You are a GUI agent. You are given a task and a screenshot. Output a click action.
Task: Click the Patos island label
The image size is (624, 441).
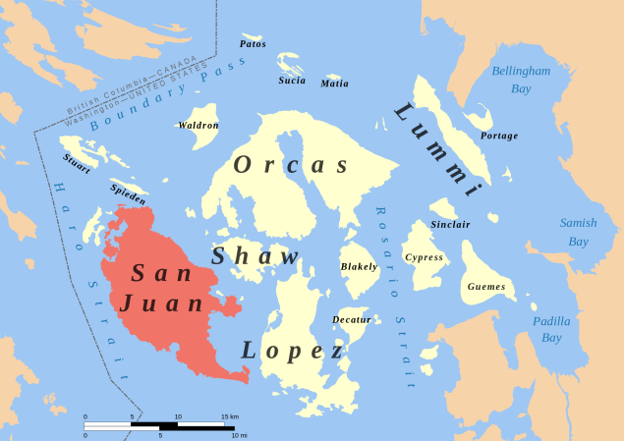click(x=253, y=44)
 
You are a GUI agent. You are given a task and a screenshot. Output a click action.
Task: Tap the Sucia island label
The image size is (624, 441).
click(x=292, y=81)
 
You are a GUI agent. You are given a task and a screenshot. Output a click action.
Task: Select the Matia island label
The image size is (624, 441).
click(x=334, y=83)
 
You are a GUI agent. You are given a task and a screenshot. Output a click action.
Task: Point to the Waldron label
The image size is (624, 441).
click(x=199, y=126)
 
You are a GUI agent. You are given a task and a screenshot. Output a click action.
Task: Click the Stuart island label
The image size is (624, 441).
click(x=77, y=163)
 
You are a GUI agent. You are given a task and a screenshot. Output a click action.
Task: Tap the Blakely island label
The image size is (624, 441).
click(x=359, y=267)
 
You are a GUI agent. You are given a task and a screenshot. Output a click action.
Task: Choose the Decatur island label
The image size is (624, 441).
click(x=352, y=320)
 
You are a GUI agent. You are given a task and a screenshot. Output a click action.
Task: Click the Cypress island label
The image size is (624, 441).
click(x=425, y=257)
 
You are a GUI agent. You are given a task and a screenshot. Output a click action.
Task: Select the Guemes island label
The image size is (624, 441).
click(x=486, y=287)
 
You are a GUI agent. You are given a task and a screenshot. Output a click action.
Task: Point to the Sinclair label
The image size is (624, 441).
click(x=450, y=225)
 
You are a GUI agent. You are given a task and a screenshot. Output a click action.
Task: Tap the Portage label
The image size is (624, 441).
click(x=499, y=136)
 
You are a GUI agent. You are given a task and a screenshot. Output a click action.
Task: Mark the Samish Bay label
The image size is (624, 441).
click(x=578, y=232)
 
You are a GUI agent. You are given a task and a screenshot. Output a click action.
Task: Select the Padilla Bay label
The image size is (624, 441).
click(x=551, y=329)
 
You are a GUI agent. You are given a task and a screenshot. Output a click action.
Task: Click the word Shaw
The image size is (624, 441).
click(x=255, y=257)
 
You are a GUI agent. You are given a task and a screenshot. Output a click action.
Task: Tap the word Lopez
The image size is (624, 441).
click(x=293, y=351)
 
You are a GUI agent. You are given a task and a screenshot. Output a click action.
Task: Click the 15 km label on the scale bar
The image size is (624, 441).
click(x=229, y=416)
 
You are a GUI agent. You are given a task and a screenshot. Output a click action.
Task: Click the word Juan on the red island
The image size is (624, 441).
click(x=162, y=304)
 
